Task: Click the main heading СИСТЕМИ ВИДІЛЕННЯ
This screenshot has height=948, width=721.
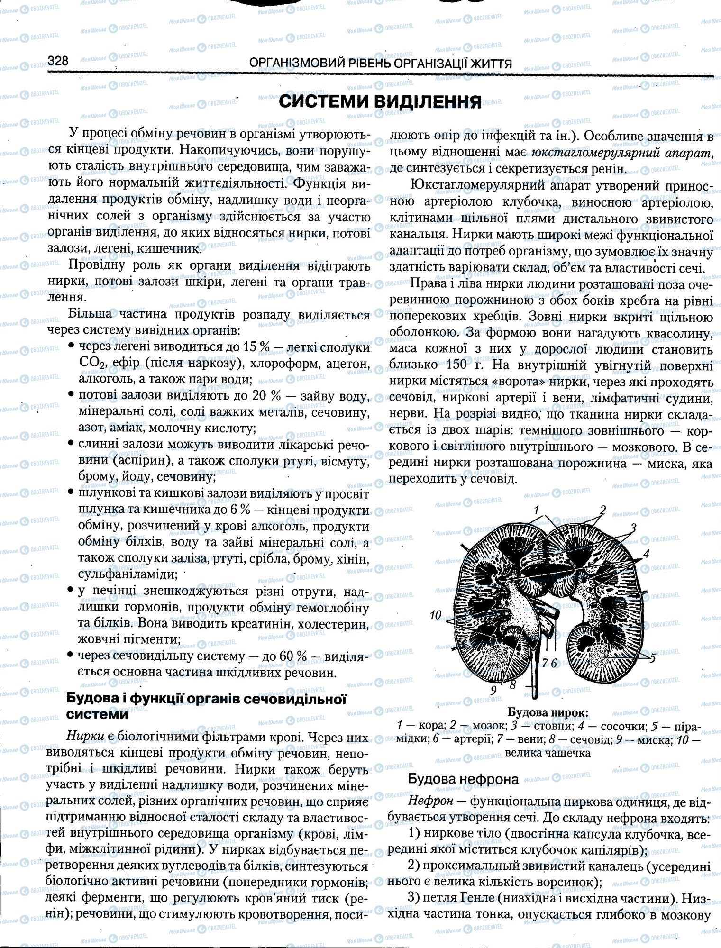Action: coord(380,101)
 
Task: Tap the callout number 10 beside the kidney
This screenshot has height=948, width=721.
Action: coord(436,615)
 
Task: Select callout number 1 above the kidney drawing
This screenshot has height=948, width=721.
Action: coord(536,510)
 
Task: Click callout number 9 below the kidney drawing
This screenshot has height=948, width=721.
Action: coord(493,691)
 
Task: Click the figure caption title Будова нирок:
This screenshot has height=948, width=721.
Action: coord(548,712)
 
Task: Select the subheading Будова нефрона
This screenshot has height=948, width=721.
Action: coord(463,779)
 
